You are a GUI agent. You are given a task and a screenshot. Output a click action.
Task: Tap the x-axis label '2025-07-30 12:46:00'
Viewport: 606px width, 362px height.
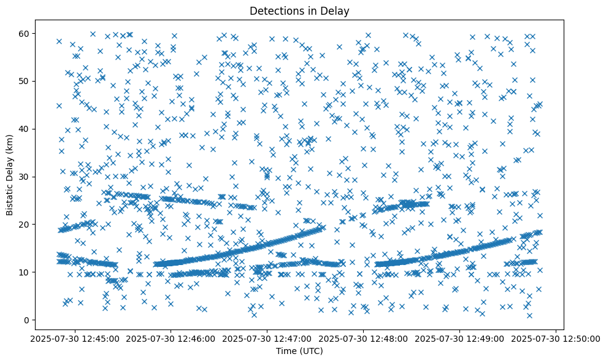(171, 338)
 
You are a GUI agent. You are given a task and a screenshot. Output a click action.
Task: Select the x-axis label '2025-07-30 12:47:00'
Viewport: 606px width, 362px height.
(267, 338)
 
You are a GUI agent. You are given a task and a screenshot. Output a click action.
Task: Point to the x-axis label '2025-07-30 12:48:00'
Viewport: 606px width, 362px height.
(364, 338)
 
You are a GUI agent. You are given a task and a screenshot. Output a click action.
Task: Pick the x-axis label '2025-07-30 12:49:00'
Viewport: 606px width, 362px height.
(460, 338)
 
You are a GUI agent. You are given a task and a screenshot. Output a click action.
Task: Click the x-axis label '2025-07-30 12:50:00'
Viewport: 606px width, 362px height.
(556, 338)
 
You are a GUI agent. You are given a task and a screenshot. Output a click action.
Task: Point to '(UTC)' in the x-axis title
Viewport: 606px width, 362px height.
(310, 351)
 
